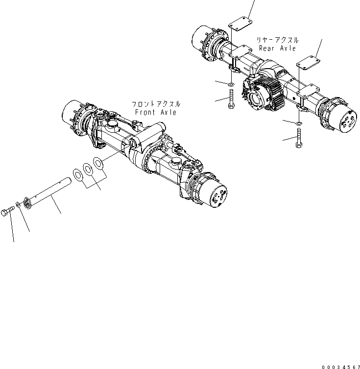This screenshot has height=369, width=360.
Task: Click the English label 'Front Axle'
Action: [155, 113]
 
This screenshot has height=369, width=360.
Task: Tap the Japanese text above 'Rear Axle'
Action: [277, 40]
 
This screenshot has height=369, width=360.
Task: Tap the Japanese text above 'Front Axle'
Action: [155, 104]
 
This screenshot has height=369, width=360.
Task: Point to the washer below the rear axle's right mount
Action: [299, 123]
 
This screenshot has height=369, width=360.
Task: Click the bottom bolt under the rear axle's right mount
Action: [299, 139]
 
